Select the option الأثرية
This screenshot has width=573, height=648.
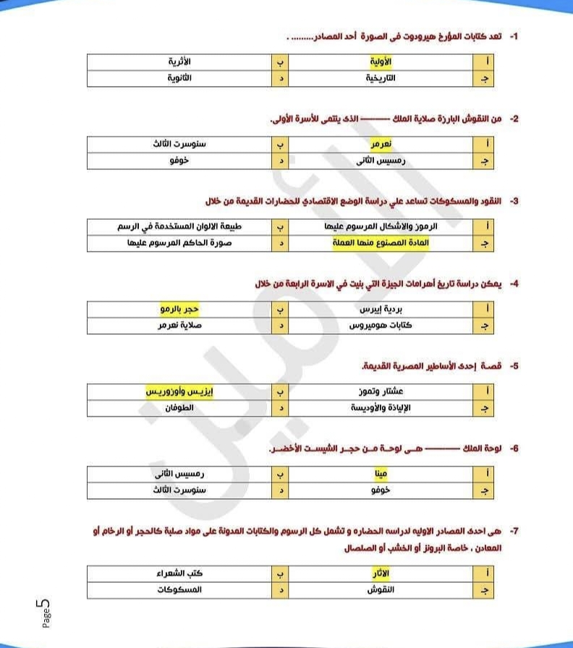click(179, 63)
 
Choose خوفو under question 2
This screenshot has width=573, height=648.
click(179, 159)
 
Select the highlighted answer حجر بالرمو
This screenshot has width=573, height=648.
click(179, 310)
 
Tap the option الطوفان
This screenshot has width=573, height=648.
click(179, 407)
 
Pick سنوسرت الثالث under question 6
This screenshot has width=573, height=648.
click(179, 490)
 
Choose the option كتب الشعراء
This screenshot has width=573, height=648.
click(179, 574)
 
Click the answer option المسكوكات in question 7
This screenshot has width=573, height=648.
click(179, 589)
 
